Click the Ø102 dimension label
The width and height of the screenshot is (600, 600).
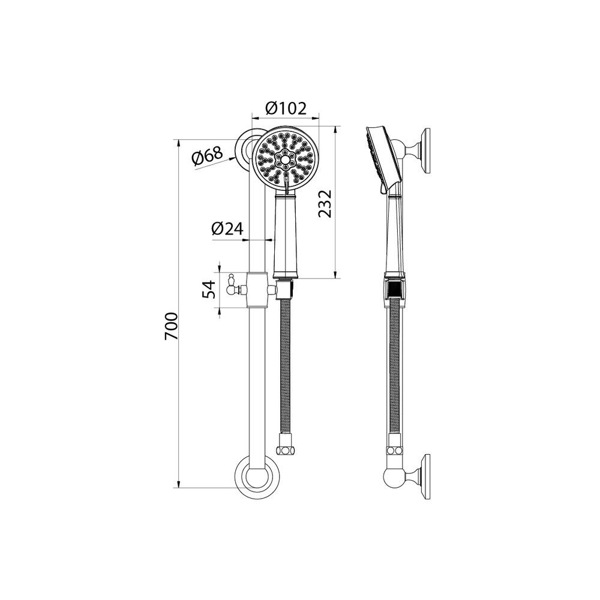tap(286, 109)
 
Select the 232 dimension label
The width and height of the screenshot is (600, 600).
tap(325, 203)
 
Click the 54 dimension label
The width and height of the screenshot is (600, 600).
tap(209, 289)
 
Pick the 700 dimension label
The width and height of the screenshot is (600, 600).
tap(171, 326)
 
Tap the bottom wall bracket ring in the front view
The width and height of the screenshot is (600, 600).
tap(257, 477)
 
